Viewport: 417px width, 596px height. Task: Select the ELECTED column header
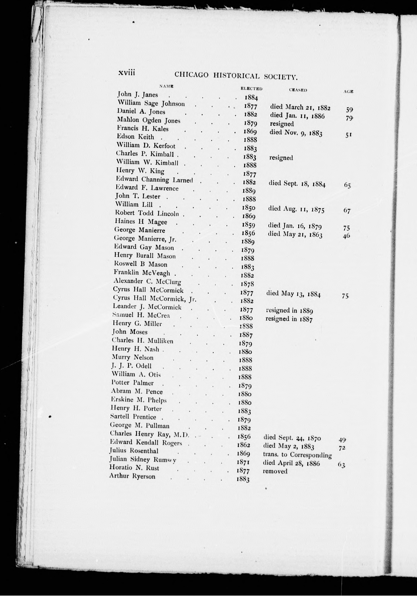[251, 89]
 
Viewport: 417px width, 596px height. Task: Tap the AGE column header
[348, 91]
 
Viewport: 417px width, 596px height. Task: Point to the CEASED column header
[298, 90]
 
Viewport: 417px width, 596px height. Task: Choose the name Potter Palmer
[132, 383]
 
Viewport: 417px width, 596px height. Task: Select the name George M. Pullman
[140, 426]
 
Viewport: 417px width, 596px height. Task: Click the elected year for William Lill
[248, 208]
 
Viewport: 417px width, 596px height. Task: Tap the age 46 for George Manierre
[346, 236]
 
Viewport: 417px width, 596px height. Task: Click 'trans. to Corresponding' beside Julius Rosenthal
[297, 455]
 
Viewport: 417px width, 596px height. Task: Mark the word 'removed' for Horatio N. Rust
[275, 471]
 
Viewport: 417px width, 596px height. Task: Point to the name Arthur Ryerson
[132, 476]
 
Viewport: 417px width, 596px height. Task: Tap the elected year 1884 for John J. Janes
[251, 98]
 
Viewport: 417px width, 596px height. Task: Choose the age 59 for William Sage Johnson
[349, 110]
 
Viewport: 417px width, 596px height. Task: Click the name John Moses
[130, 332]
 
